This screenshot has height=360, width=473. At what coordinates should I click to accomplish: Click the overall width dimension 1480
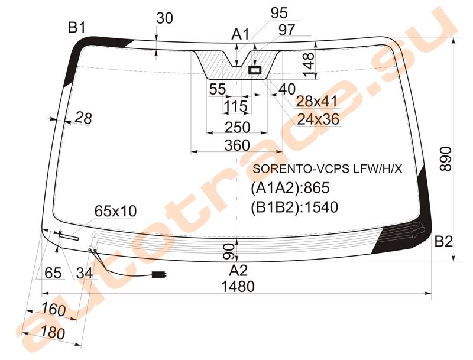[238, 287]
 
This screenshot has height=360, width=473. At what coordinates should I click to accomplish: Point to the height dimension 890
[446, 159]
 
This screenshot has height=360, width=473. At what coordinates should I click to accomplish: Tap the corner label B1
[77, 28]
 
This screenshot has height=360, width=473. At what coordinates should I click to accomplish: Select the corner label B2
[443, 242]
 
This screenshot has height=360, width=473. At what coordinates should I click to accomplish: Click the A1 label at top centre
[241, 34]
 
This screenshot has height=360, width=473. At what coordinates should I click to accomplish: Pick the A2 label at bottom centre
[238, 271]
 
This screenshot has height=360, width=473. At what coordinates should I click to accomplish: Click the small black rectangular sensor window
[255, 70]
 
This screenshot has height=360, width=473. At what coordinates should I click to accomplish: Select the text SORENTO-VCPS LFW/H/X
[328, 169]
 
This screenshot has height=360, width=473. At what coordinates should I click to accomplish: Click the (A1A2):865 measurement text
[290, 188]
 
